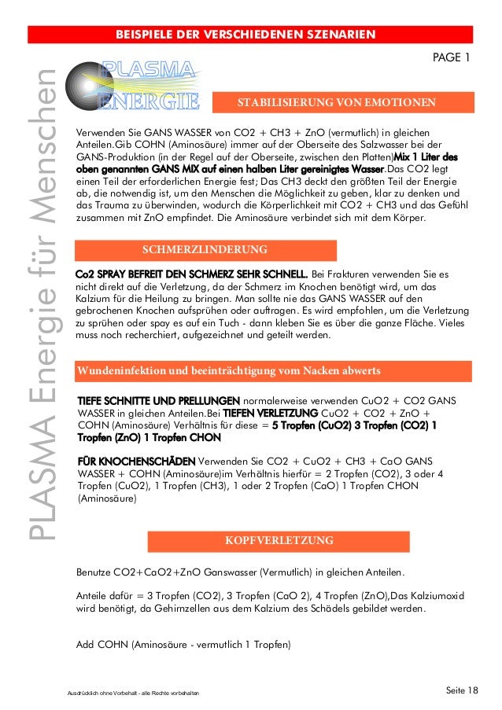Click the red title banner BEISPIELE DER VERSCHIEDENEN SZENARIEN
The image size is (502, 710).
(250, 34)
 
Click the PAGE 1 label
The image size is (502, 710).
(452, 57)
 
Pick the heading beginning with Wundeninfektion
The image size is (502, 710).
(227, 370)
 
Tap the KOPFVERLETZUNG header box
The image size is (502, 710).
(279, 541)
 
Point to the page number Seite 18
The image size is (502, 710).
(461, 690)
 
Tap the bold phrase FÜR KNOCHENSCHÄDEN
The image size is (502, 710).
(135, 461)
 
